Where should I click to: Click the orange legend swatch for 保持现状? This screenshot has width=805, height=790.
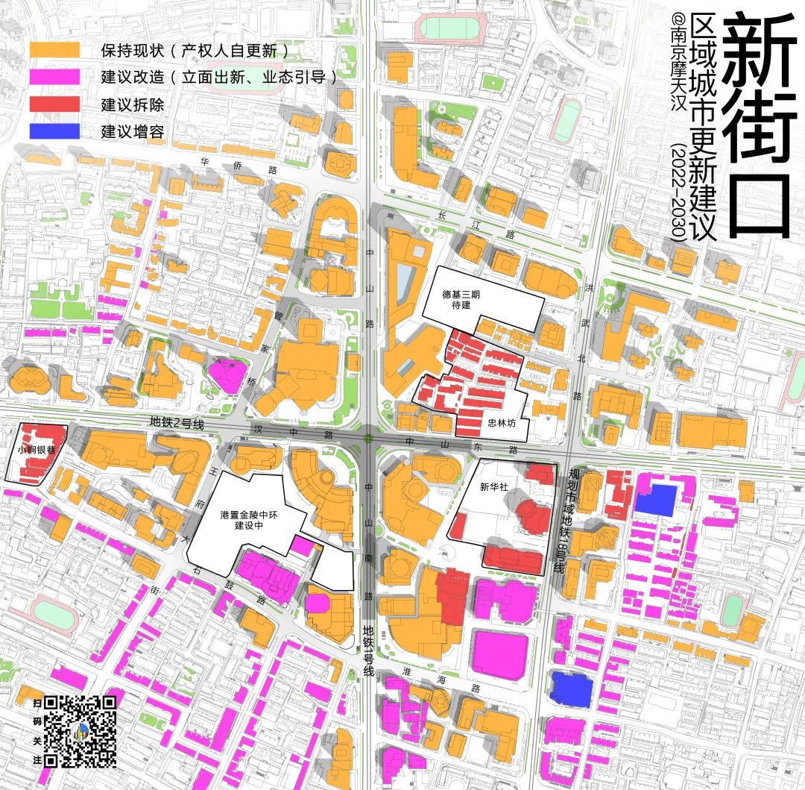(54, 50)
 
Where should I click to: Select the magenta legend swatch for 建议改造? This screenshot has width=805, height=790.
(54, 77)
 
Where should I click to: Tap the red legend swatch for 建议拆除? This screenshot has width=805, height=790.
(54, 104)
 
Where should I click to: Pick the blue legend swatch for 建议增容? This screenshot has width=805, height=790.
(54, 131)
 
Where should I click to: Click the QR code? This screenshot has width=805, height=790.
(80, 731)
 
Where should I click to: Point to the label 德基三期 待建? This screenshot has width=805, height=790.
(461, 299)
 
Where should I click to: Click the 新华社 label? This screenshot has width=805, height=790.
(493, 487)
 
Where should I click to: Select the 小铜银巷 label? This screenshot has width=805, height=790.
(36, 451)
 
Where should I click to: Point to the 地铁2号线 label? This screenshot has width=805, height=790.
(177, 422)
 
